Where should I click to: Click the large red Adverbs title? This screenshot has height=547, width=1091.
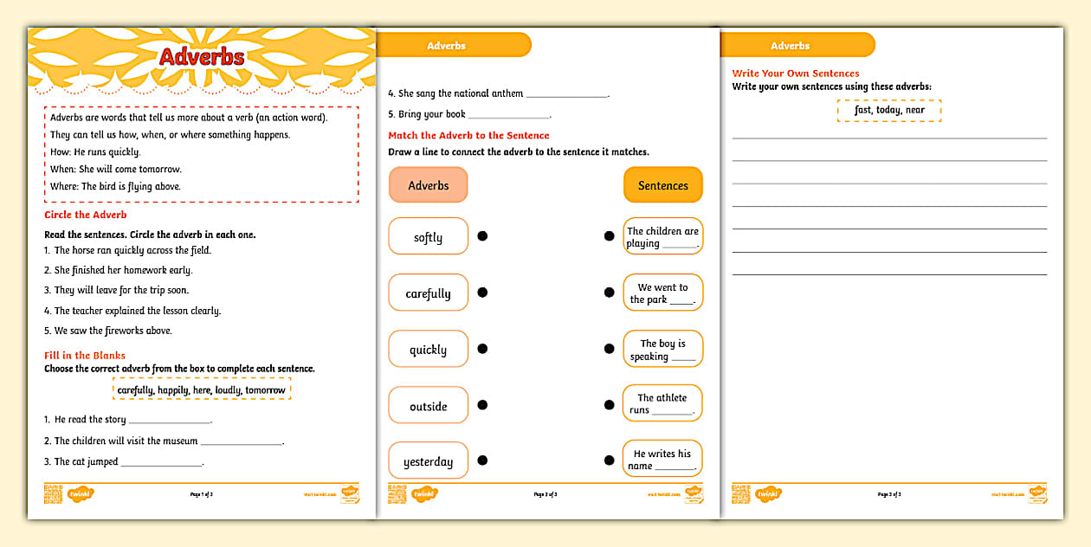pyautogui.click(x=202, y=57)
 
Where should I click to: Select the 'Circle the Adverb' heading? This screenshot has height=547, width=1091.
pyautogui.click(x=86, y=215)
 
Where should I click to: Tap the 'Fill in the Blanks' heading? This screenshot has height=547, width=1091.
pyautogui.click(x=85, y=355)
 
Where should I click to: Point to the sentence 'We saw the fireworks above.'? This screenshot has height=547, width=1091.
pyautogui.click(x=113, y=331)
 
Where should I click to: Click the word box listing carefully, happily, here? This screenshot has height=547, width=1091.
pyautogui.click(x=202, y=390)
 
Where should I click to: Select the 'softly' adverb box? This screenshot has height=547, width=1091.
pyautogui.click(x=429, y=236)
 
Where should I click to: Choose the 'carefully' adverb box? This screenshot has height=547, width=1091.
pyautogui.click(x=429, y=293)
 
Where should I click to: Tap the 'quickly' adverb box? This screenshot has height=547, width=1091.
pyautogui.click(x=429, y=350)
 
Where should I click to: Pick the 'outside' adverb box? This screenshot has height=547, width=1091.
pyautogui.click(x=429, y=406)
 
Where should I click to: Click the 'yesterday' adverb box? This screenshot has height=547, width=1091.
pyautogui.click(x=429, y=461)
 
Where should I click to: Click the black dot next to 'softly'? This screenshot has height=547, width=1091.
pyautogui.click(x=482, y=236)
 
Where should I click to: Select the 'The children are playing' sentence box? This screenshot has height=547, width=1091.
pyautogui.click(x=662, y=236)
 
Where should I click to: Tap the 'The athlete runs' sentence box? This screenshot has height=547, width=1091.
pyautogui.click(x=662, y=404)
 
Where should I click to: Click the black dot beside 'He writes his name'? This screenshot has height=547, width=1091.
pyautogui.click(x=609, y=460)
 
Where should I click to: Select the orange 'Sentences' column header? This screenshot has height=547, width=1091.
pyautogui.click(x=663, y=185)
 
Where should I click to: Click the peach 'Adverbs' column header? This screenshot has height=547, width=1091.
pyautogui.click(x=429, y=185)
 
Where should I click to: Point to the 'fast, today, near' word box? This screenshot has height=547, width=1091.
pyautogui.click(x=889, y=110)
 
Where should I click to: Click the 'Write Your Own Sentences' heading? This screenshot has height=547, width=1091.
pyautogui.click(x=796, y=74)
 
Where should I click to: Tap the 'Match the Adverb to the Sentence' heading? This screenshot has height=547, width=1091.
pyautogui.click(x=468, y=135)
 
